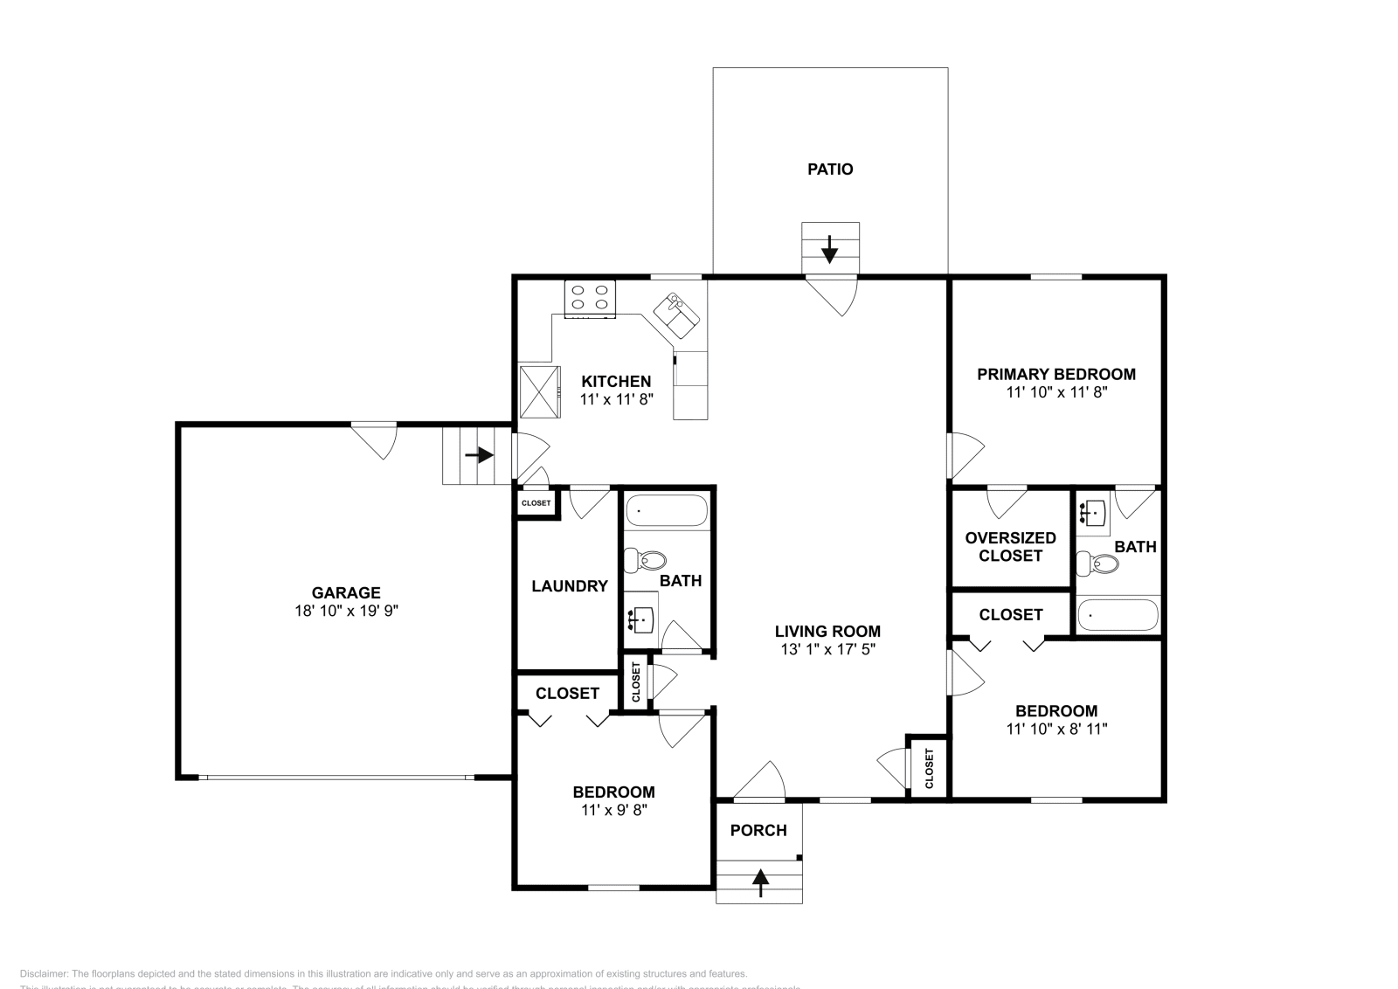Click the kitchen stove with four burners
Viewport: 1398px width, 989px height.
pyautogui.click(x=590, y=298)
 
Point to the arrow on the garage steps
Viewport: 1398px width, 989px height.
pyautogui.click(x=479, y=455)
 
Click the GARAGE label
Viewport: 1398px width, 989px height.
pyautogui.click(x=346, y=593)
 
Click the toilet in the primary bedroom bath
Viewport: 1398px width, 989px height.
pyautogui.click(x=1097, y=564)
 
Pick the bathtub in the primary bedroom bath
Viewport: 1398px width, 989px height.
pyautogui.click(x=1118, y=615)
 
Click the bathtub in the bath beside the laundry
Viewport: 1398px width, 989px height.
pyautogui.click(x=666, y=511)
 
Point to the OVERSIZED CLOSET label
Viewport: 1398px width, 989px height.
pyautogui.click(x=1010, y=547)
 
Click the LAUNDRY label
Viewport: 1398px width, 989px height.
pyautogui.click(x=569, y=586)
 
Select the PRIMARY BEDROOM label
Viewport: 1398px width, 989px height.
pyautogui.click(x=1055, y=375)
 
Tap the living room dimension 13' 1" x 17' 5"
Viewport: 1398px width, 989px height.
pyautogui.click(x=827, y=650)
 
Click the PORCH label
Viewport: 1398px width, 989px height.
pyautogui.click(x=758, y=831)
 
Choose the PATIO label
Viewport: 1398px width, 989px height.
pyautogui.click(x=829, y=169)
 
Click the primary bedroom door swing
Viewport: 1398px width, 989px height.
pyautogui.click(x=965, y=453)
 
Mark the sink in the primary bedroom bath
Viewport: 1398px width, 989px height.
pyautogui.click(x=1092, y=514)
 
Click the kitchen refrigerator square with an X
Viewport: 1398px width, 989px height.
pyautogui.click(x=538, y=394)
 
